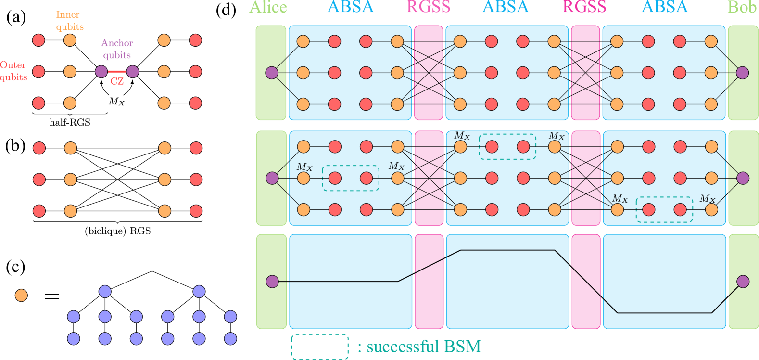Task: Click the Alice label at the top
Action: pyautogui.click(x=268, y=8)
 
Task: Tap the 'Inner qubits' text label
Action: pyautogui.click(x=69, y=21)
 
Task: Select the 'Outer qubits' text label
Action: pyautogui.click(x=13, y=71)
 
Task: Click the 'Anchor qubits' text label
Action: pyautogui.click(x=117, y=49)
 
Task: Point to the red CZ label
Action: pyautogui.click(x=117, y=81)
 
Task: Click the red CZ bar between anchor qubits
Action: pyautogui.click(x=117, y=72)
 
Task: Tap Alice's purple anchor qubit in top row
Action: pyautogui.click(x=272, y=73)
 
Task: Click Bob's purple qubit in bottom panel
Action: pyautogui.click(x=743, y=281)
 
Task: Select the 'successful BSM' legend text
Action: pyautogui.click(x=423, y=346)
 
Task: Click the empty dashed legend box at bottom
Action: pyautogui.click(x=320, y=347)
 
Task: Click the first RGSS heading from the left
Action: pyautogui.click(x=428, y=8)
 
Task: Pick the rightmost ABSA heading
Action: pyautogui.click(x=665, y=8)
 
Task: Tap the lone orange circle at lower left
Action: pyautogui.click(x=21, y=295)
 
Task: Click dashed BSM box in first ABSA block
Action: pyautogui.click(x=351, y=178)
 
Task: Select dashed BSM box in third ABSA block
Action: pyautogui.click(x=664, y=209)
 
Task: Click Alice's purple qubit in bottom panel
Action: pyautogui.click(x=272, y=281)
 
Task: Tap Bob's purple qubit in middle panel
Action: pyautogui.click(x=743, y=178)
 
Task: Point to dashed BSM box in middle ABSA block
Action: pyautogui.click(x=507, y=146)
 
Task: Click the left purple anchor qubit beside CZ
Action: pyautogui.click(x=101, y=72)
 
